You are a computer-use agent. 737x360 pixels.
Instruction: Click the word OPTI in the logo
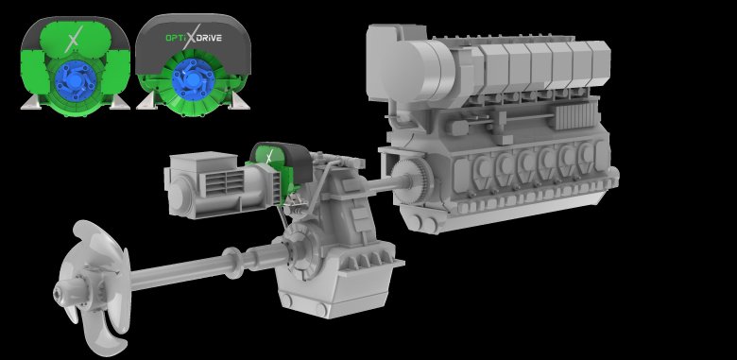[175, 38]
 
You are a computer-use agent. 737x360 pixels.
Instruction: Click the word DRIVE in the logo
[209, 38]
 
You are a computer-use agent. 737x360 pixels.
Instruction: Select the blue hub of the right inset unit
[193, 77]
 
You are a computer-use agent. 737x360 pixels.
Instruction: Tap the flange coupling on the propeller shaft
[233, 263]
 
